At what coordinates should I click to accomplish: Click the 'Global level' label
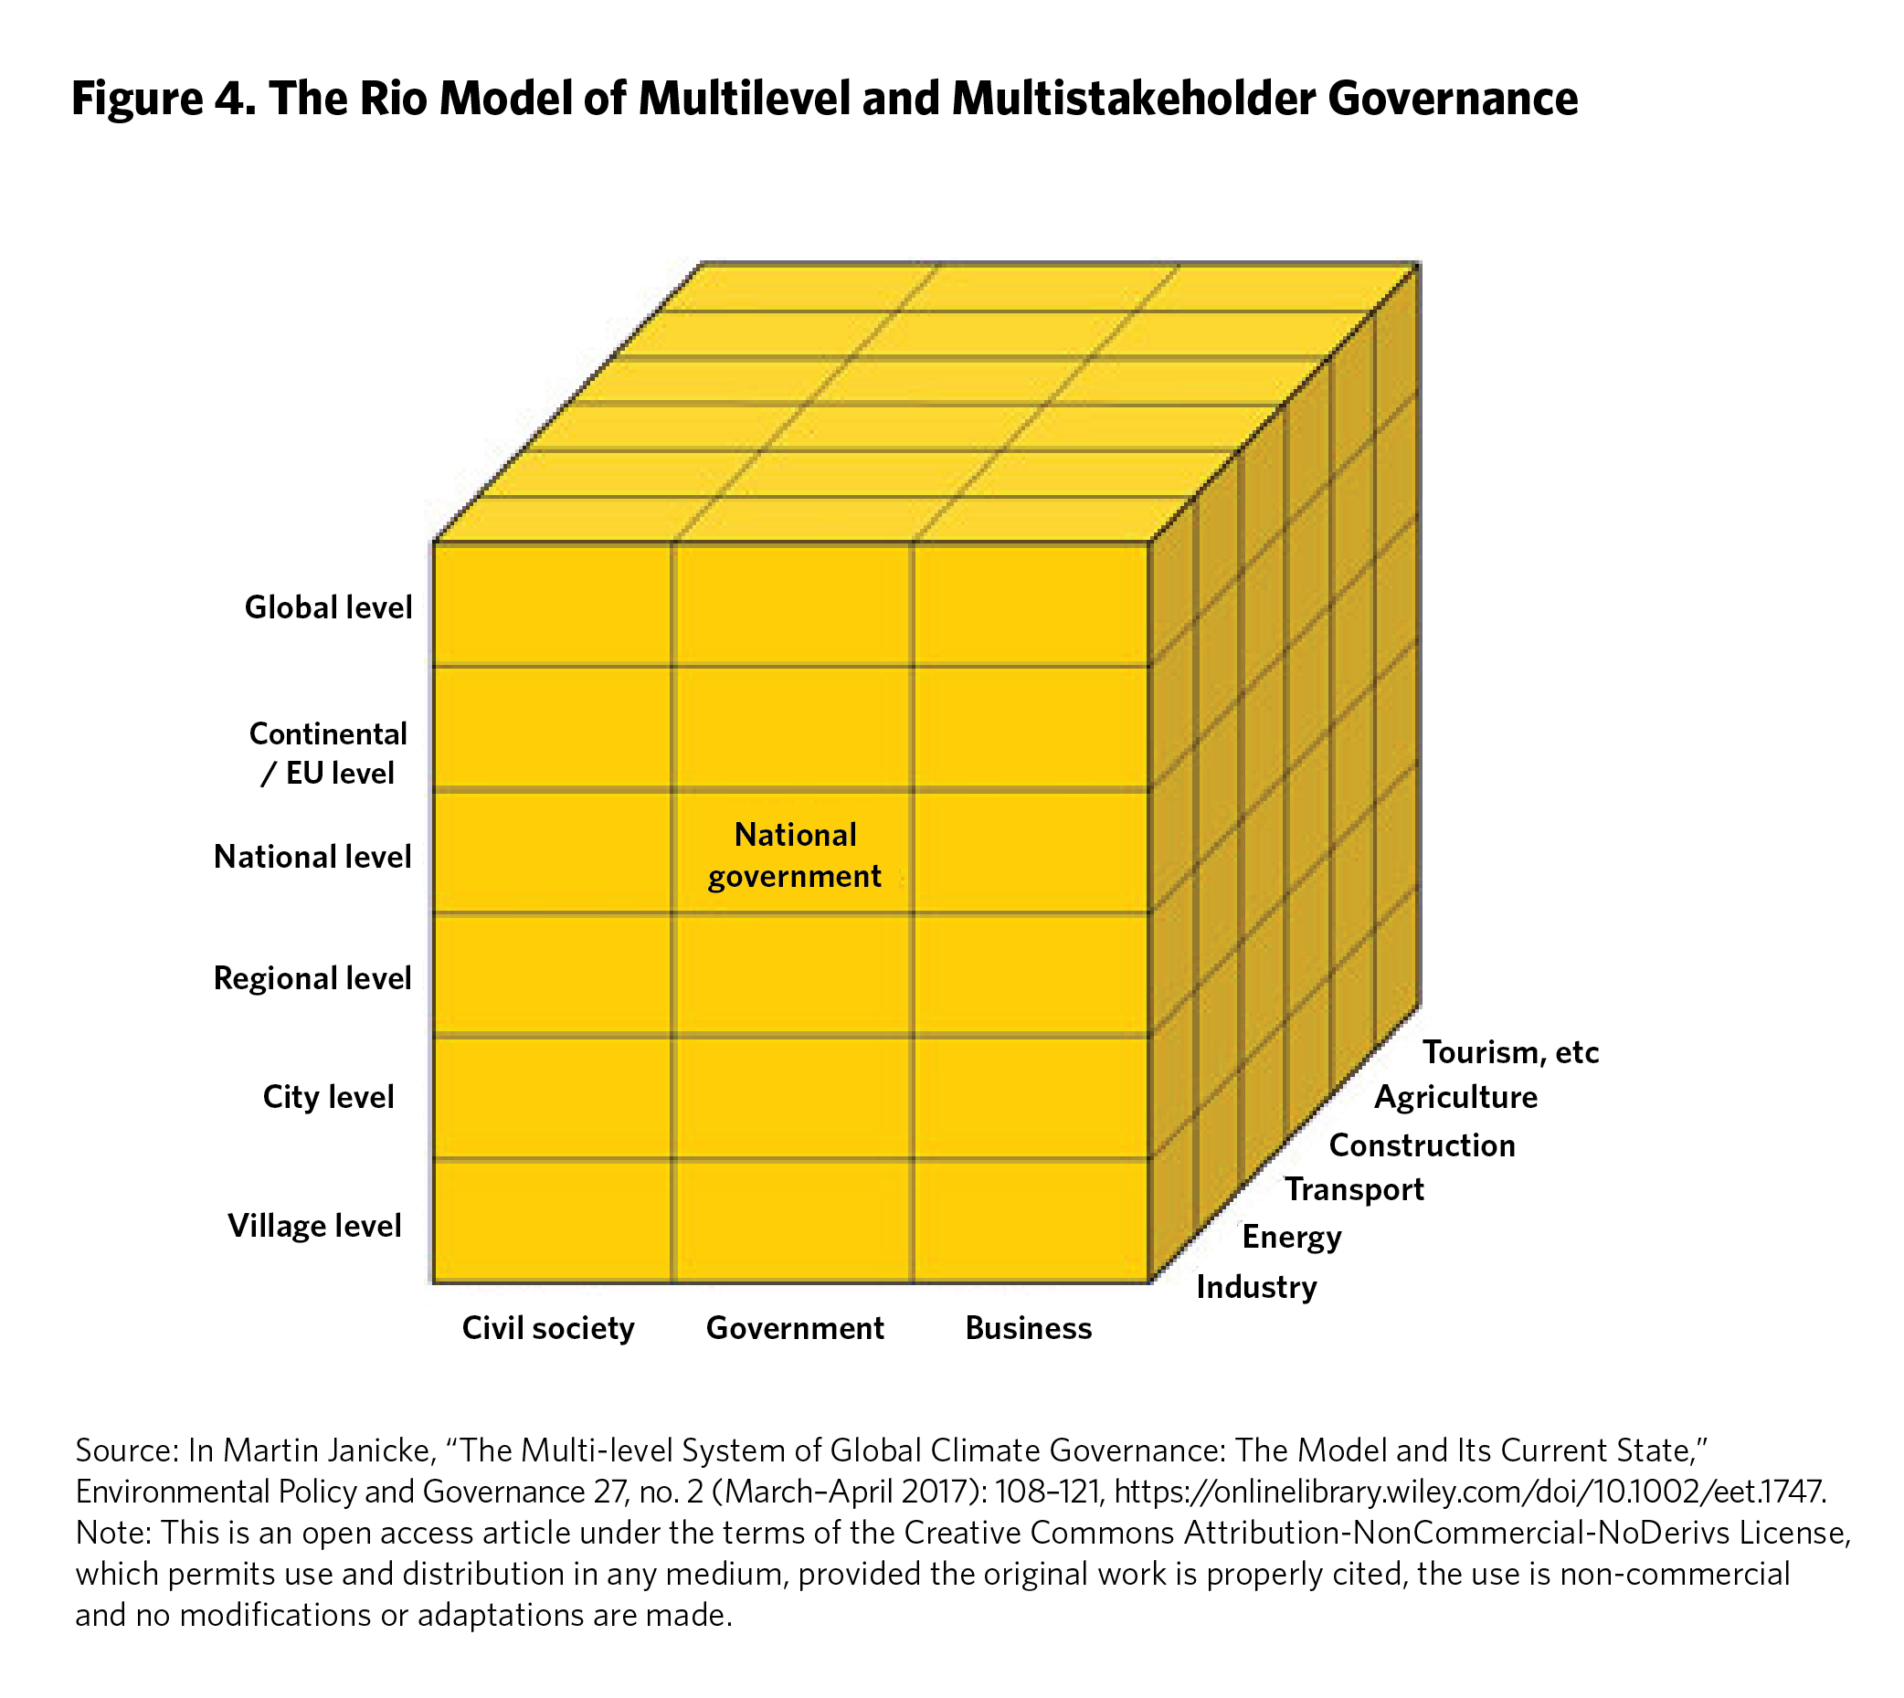click(x=328, y=607)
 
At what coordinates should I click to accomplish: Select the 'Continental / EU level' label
click(x=328, y=753)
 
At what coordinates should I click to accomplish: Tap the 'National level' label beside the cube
click(x=312, y=857)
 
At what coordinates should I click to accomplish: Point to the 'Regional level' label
click(x=312, y=977)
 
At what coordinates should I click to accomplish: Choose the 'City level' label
click(x=329, y=1096)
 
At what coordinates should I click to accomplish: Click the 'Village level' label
click(x=314, y=1225)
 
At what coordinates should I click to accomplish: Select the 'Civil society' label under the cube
click(x=548, y=1327)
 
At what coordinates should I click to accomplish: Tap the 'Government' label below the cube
click(x=794, y=1327)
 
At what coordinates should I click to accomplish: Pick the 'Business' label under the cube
click(x=1029, y=1327)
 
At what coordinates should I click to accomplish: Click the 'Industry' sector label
click(x=1256, y=1287)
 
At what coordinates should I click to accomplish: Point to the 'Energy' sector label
click(x=1292, y=1237)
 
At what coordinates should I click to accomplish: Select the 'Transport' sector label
click(x=1354, y=1189)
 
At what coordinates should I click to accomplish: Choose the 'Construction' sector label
click(x=1422, y=1144)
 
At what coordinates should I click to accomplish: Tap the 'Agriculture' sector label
click(x=1455, y=1097)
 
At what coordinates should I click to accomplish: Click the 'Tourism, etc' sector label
click(x=1510, y=1052)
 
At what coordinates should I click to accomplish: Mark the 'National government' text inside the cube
click(x=794, y=856)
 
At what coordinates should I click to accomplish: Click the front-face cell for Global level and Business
click(x=1031, y=605)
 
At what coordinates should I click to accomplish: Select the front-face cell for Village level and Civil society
click(x=553, y=1220)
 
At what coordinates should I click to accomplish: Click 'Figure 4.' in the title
click(x=164, y=99)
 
